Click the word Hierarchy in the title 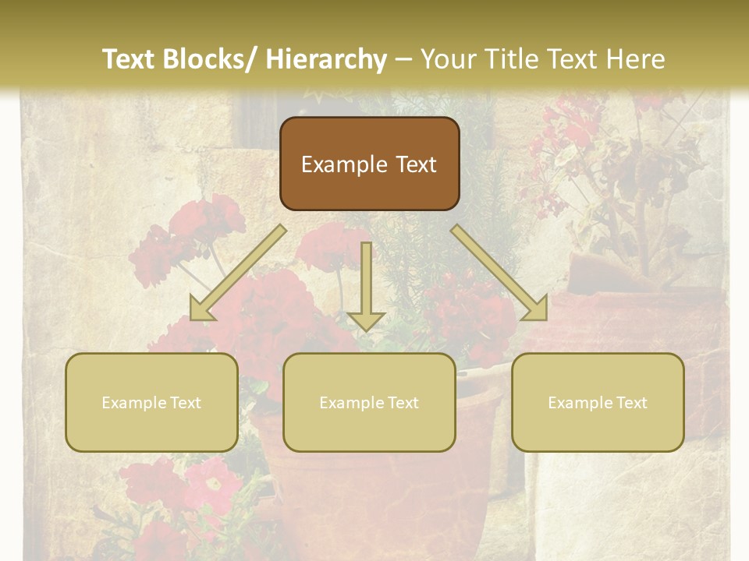click(326, 60)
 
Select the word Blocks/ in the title click(212, 60)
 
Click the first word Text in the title click(129, 60)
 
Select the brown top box click(369, 164)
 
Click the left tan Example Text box click(151, 402)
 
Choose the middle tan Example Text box click(369, 402)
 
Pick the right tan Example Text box click(598, 402)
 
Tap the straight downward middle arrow click(366, 280)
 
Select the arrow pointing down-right click(499, 273)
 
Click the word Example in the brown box click(337, 164)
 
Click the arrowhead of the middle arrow click(366, 319)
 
